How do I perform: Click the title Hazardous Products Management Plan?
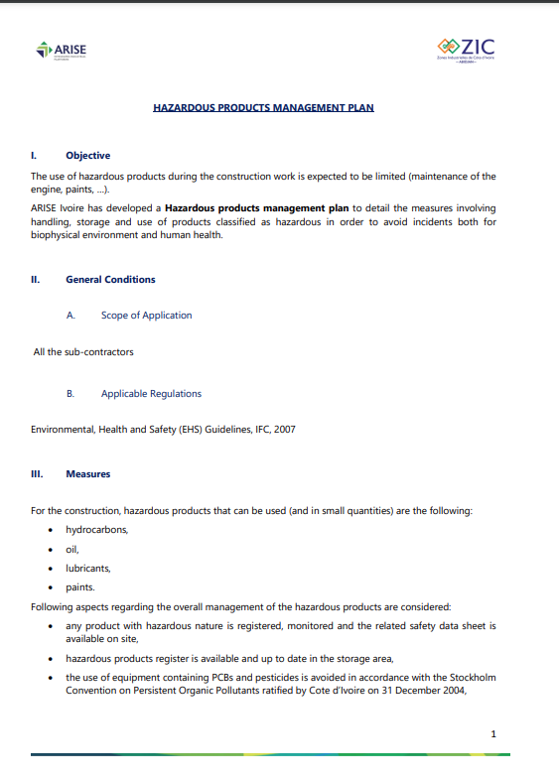(x=263, y=107)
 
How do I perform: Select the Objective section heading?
(x=87, y=156)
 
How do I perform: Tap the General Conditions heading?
(x=110, y=280)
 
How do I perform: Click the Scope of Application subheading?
(x=146, y=316)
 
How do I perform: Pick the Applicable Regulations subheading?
(x=151, y=394)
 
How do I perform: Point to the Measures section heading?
(x=87, y=474)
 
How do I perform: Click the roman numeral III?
(x=37, y=474)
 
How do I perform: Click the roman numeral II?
(x=36, y=280)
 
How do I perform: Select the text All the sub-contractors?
(x=83, y=351)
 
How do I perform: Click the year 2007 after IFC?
(x=284, y=430)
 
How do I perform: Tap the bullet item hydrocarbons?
(x=96, y=530)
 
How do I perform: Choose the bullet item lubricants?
(x=88, y=569)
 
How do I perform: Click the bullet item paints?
(x=80, y=587)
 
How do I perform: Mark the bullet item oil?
(x=72, y=549)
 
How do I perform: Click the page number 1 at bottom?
(x=492, y=733)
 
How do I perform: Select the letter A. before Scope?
(x=70, y=316)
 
